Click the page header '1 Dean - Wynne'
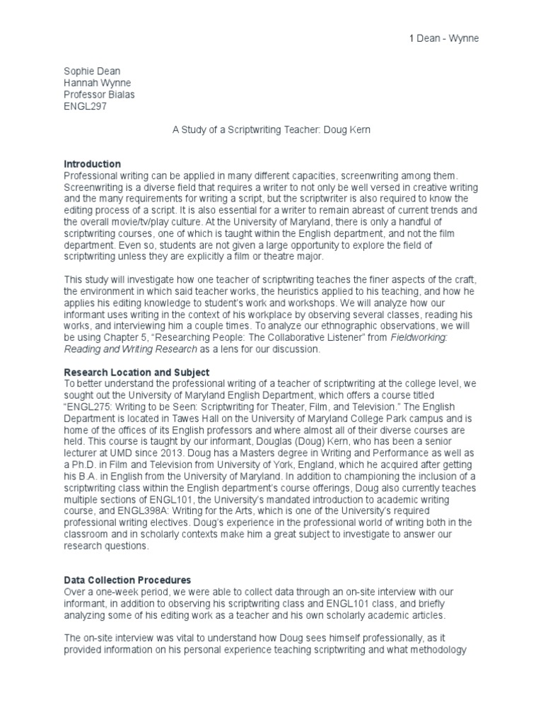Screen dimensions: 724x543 pyautogui.click(x=444, y=38)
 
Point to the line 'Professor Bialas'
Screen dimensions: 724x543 pyautogui.click(x=98, y=94)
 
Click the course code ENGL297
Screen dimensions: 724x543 pyautogui.click(x=86, y=105)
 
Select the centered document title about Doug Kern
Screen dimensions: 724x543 pyautogui.click(x=271, y=129)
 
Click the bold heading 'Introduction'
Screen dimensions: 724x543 pyautogui.click(x=93, y=164)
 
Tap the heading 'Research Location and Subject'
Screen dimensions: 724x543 pyautogui.click(x=136, y=372)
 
